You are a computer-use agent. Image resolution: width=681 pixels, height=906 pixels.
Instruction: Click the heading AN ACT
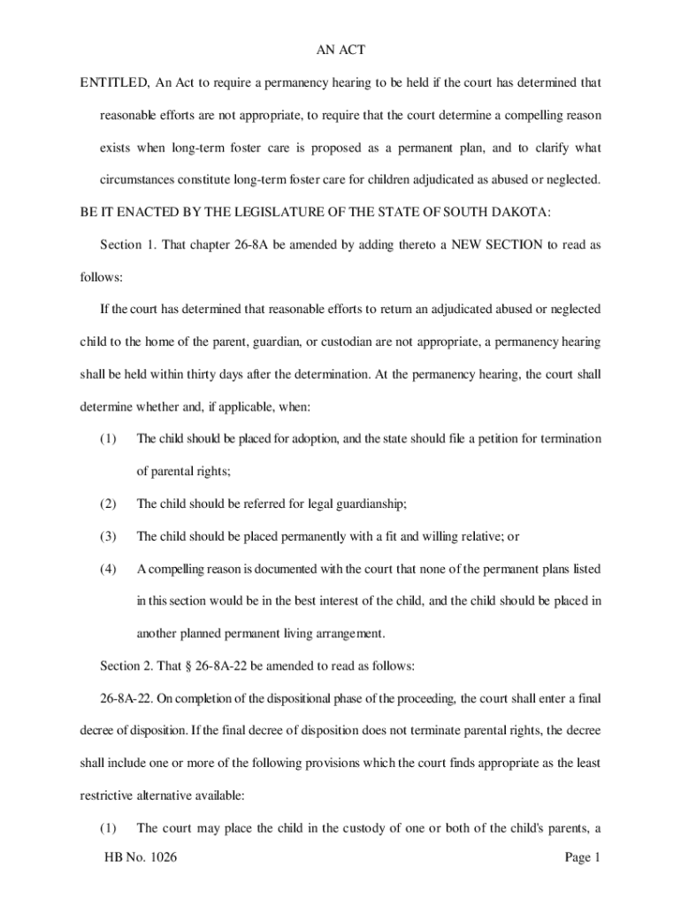tap(340, 50)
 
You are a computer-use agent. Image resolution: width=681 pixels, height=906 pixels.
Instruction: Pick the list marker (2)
tap(108, 503)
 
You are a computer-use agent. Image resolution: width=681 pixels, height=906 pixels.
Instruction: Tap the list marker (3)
tap(108, 536)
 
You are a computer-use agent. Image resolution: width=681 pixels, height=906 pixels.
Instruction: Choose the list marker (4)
tap(108, 568)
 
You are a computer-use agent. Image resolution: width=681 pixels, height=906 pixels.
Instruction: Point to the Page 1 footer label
tap(581, 857)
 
